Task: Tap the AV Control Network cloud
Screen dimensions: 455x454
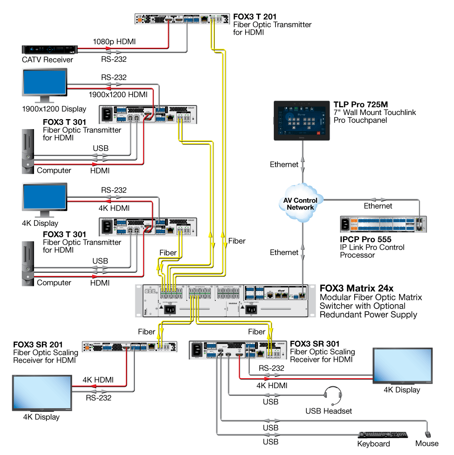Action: click(x=300, y=200)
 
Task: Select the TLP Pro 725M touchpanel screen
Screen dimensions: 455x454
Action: click(x=302, y=120)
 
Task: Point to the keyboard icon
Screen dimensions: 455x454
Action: click(x=383, y=435)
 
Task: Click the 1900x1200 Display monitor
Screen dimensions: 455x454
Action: click(x=44, y=84)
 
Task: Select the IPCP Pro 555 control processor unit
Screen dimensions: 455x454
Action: click(x=384, y=224)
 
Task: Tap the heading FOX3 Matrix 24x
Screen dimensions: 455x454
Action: click(x=356, y=288)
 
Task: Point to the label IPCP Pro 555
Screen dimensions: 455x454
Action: click(x=365, y=239)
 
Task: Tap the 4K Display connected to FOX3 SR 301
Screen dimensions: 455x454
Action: click(x=402, y=365)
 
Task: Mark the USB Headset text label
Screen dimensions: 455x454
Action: click(x=329, y=411)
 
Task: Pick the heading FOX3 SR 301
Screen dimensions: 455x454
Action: click(x=314, y=344)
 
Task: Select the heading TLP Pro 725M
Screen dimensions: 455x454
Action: click(x=360, y=105)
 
